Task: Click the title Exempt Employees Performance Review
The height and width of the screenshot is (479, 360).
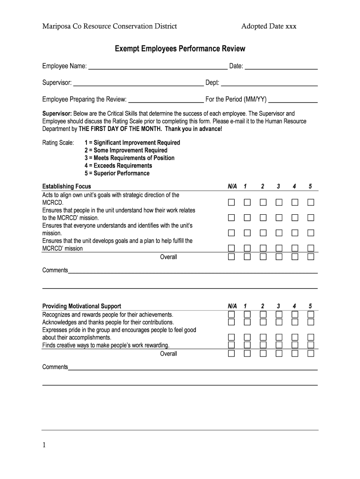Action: pyautogui.click(x=180, y=49)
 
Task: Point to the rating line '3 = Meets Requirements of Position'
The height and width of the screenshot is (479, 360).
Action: pyautogui.click(x=130, y=158)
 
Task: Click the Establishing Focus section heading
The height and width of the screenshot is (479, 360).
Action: pyautogui.click(x=67, y=187)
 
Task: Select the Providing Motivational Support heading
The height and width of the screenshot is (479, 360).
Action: pyautogui.click(x=82, y=306)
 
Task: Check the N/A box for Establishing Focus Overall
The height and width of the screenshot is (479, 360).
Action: pyautogui.click(x=231, y=257)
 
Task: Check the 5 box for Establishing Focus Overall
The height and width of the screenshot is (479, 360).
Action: pyautogui.click(x=310, y=257)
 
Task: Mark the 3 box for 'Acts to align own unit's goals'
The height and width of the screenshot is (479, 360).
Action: pyautogui.click(x=279, y=203)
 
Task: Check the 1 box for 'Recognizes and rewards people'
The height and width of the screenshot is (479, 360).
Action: pyautogui.click(x=247, y=314)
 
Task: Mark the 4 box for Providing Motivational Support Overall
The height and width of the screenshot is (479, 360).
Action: pyautogui.click(x=295, y=354)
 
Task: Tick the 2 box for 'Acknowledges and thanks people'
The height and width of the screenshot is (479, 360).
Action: pyautogui.click(x=263, y=322)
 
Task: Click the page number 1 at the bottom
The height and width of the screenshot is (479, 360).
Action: pyautogui.click(x=44, y=446)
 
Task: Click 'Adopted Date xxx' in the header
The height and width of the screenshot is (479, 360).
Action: pyautogui.click(x=269, y=26)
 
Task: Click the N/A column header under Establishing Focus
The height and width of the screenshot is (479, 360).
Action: pyautogui.click(x=232, y=187)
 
